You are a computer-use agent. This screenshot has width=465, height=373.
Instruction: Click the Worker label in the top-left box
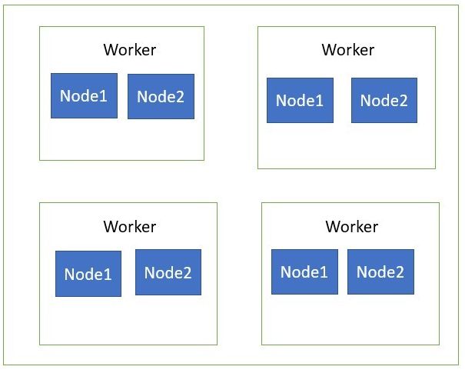[129, 50]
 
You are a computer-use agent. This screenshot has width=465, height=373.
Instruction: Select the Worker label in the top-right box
[347, 50]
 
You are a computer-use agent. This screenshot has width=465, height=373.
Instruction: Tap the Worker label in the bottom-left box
[129, 227]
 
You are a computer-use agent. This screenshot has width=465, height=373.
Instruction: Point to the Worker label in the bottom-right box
[351, 227]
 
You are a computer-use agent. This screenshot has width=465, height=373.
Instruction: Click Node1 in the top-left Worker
[84, 96]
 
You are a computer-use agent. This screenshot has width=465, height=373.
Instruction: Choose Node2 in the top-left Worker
[161, 96]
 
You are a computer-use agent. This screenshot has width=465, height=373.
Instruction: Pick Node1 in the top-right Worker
[300, 100]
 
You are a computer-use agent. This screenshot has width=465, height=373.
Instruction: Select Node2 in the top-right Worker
[384, 100]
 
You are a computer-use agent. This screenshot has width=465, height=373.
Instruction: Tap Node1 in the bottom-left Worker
[88, 274]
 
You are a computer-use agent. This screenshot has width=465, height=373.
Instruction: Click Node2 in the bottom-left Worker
[168, 272]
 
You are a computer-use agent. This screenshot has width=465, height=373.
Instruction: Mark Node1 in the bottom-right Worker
[304, 271]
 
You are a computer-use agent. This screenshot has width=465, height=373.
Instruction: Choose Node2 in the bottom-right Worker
[380, 271]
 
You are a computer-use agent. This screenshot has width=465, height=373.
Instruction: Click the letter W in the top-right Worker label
[328, 50]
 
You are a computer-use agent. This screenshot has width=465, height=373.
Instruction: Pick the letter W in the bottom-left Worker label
[110, 227]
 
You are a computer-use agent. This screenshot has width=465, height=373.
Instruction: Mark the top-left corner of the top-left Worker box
[40, 27]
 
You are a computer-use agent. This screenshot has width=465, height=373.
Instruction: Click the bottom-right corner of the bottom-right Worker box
[439, 345]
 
